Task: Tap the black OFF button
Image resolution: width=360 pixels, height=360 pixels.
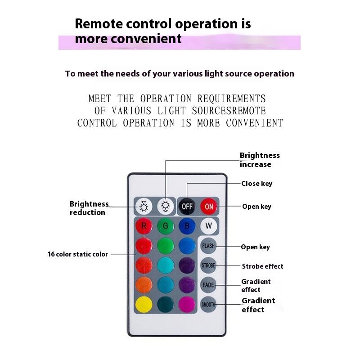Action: point(187,207)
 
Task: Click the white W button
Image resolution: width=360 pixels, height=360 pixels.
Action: point(208,225)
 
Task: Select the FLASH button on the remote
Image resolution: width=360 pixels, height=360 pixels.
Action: point(208,246)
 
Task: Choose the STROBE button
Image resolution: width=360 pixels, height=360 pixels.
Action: point(208,265)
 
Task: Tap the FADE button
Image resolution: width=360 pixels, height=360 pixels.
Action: point(208,285)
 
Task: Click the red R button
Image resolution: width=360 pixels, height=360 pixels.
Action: point(144,226)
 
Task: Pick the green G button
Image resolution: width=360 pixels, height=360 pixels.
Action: point(166,226)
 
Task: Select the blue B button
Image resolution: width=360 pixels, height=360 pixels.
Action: point(187,226)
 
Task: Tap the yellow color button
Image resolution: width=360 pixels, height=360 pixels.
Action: point(144,305)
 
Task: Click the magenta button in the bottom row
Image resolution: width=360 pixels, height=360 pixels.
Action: point(187,305)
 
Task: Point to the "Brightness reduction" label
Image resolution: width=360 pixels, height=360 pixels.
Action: point(89,208)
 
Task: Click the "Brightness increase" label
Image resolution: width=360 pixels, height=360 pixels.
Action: point(260,160)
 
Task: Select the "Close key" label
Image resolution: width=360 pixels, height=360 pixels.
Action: point(256,184)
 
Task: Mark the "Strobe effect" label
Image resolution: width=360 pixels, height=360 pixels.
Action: point(262,266)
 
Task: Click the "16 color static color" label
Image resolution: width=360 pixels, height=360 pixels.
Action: point(78,254)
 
